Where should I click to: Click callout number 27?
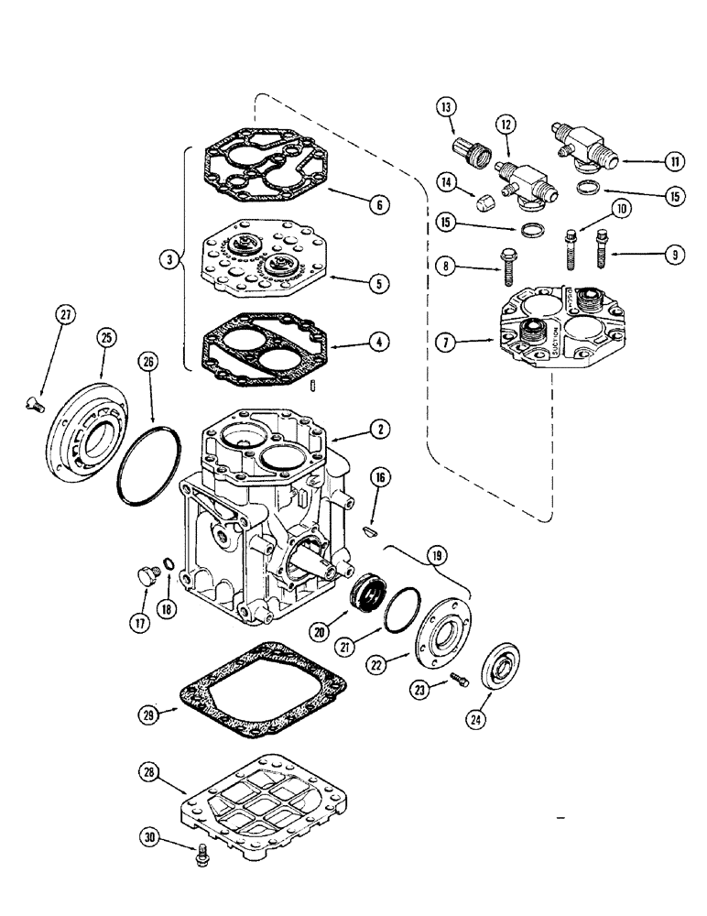coord(64,314)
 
